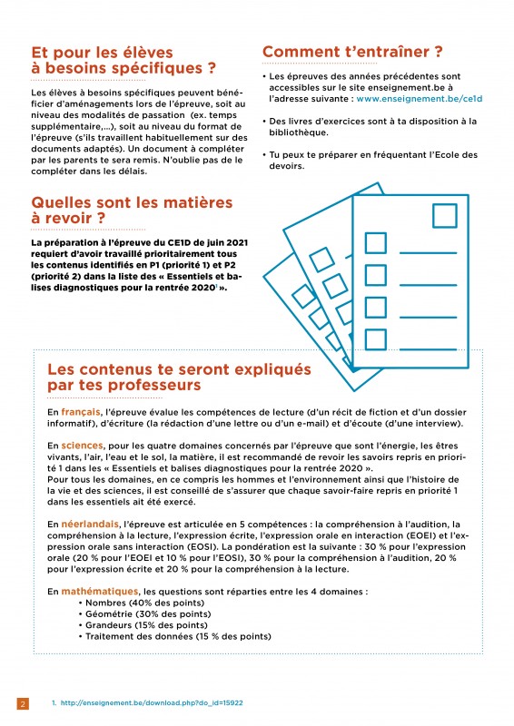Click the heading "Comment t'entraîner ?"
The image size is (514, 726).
[352, 52]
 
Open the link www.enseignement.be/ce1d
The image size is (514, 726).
[420, 99]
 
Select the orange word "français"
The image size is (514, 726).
[81, 412]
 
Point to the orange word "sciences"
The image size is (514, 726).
[82, 446]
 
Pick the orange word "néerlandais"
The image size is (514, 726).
[90, 525]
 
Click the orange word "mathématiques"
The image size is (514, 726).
[100, 592]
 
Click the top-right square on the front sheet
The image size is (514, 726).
[444, 216]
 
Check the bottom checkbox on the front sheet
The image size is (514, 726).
[375, 339]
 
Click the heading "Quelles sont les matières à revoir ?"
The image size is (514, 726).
[132, 211]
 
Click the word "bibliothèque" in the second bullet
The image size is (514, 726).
[299, 132]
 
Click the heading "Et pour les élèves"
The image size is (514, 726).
[102, 53]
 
